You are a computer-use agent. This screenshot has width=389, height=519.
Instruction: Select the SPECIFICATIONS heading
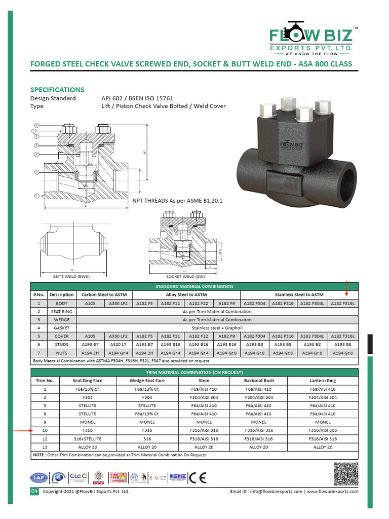57,89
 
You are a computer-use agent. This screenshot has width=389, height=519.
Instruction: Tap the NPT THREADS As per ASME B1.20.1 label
170,201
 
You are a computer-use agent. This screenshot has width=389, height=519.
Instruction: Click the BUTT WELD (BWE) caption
71,277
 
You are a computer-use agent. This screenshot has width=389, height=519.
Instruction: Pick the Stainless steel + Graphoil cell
217,328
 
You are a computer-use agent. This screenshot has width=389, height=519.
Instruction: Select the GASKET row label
62,328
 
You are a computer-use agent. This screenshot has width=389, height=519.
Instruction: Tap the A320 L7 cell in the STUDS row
118,344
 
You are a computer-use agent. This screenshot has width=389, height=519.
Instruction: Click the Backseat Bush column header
258,381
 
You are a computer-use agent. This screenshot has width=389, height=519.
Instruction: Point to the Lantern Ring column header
323,381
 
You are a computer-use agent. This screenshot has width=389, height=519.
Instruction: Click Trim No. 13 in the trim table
45,447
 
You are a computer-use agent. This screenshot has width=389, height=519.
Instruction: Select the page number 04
34,492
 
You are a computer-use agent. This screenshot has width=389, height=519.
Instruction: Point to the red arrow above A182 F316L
346,288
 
